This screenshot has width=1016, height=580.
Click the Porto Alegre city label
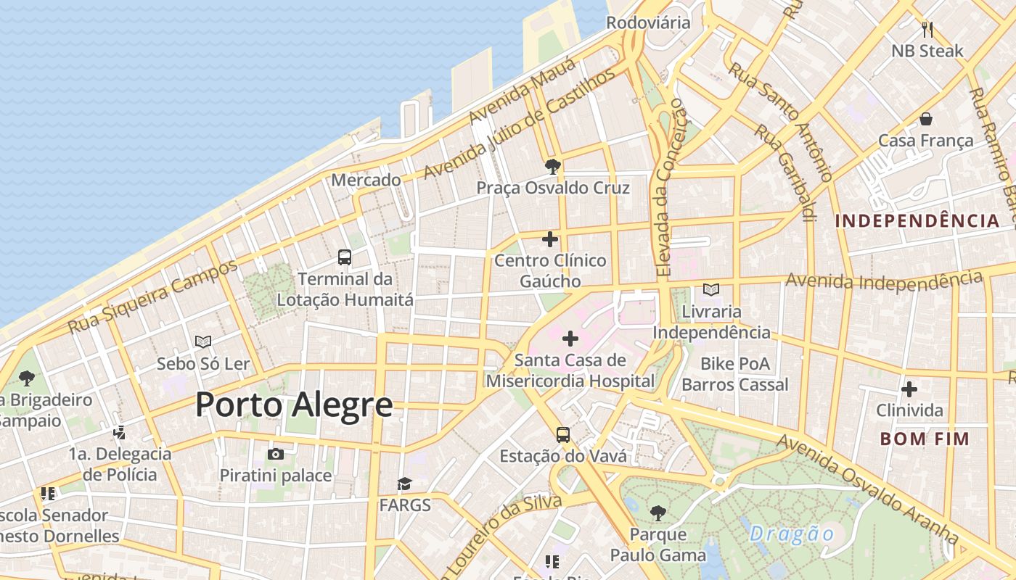pyautogui.click(x=294, y=405)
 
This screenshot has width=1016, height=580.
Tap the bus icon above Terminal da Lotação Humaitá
pyautogui.click(x=345, y=257)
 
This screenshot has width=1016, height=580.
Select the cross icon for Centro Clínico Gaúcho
pyautogui.click(x=550, y=239)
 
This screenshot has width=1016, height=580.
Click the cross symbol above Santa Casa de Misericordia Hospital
pyautogui.click(x=570, y=338)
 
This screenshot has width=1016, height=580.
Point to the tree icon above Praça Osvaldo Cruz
pyautogui.click(x=552, y=167)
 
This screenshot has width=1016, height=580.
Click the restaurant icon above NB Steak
pyautogui.click(x=927, y=29)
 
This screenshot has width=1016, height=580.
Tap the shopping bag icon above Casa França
pyautogui.click(x=925, y=118)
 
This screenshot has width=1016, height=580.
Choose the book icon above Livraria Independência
pyautogui.click(x=711, y=290)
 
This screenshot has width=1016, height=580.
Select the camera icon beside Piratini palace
pyautogui.click(x=276, y=454)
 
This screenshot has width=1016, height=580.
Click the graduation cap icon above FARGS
pyautogui.click(x=404, y=484)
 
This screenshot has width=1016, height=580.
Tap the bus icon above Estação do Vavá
pyautogui.click(x=563, y=434)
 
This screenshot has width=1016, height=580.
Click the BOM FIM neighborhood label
pyautogui.click(x=925, y=439)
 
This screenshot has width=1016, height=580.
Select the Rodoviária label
pyautogui.click(x=648, y=22)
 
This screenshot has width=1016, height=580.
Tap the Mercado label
pyautogui.click(x=366, y=180)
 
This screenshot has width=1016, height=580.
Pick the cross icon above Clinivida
pyautogui.click(x=909, y=389)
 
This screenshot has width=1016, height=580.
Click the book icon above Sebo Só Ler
pyautogui.click(x=203, y=341)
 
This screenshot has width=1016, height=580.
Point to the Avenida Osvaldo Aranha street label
pyautogui.click(x=867, y=489)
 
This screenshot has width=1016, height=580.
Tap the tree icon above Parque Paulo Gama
pyautogui.click(x=657, y=513)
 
